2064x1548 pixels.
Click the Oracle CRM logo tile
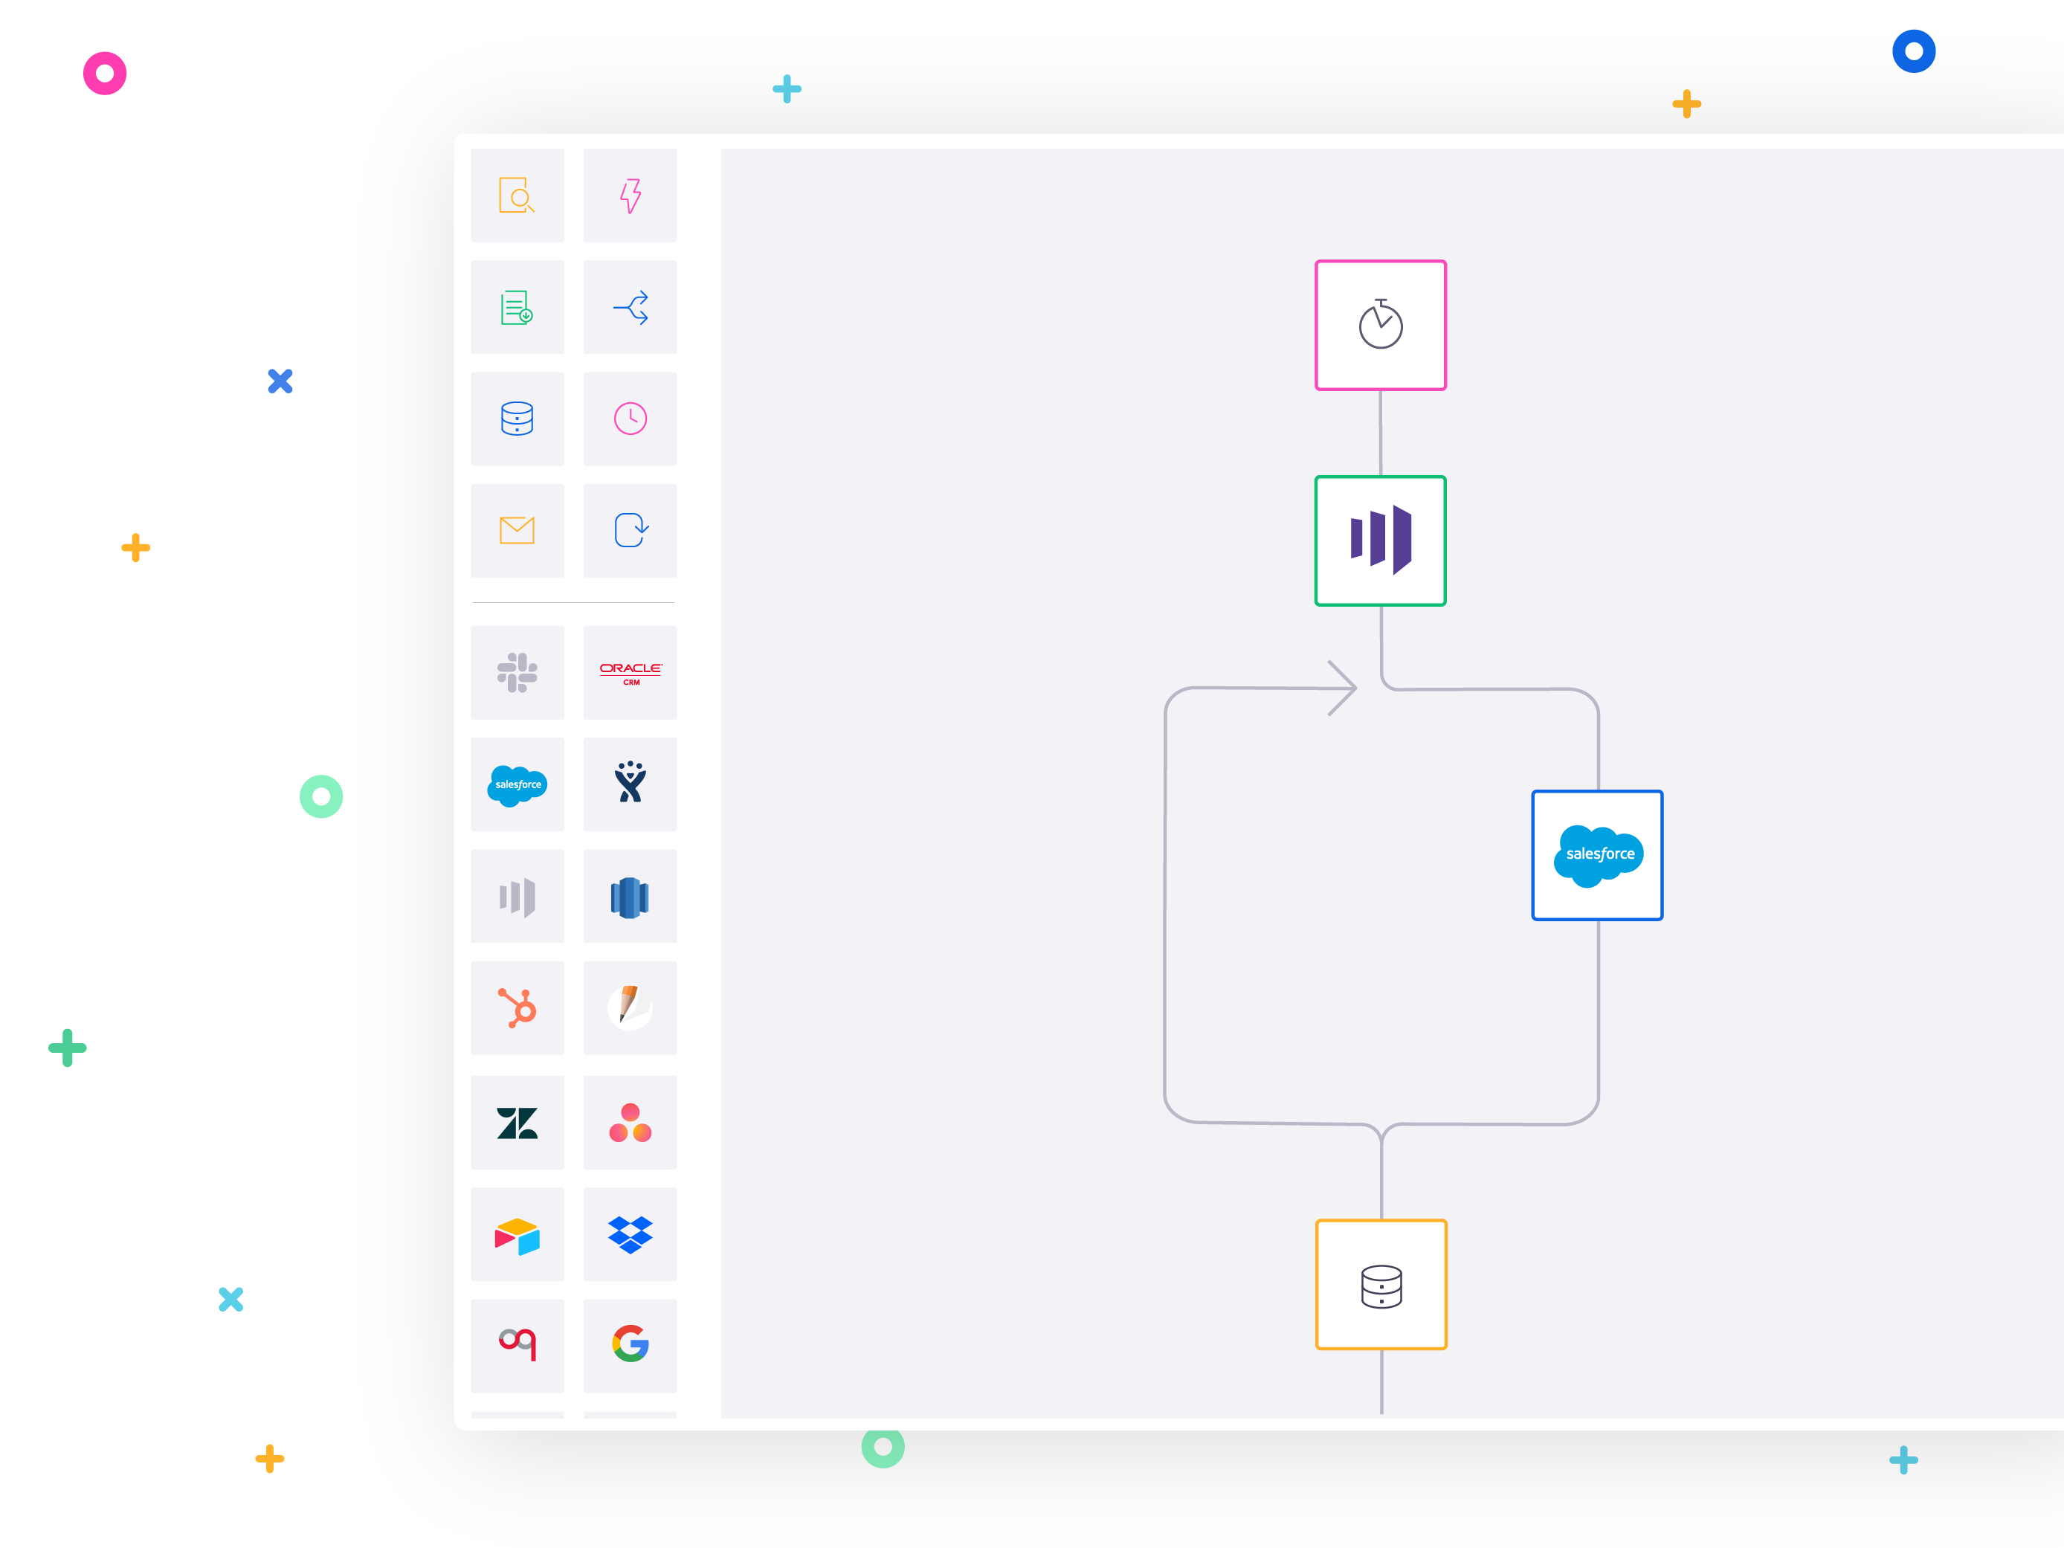coord(630,673)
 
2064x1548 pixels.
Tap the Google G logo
coord(630,1344)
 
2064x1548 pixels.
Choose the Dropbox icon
coord(630,1234)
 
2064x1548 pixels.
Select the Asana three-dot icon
coord(630,1123)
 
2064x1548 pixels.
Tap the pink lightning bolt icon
coord(630,195)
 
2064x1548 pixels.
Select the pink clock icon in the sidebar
coord(630,419)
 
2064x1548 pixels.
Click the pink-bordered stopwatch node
coord(1380,325)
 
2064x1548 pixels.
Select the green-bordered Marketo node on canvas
coord(1380,541)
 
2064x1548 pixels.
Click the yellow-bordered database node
coord(1381,1284)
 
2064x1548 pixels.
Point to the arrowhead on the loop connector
coord(1343,688)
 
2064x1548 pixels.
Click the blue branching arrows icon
coord(630,307)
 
